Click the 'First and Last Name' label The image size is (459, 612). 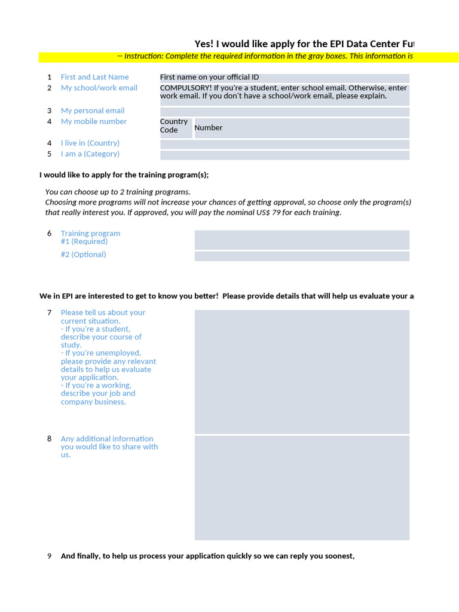tap(94, 77)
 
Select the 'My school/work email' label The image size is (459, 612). tap(99, 88)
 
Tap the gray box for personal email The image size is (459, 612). tap(284, 112)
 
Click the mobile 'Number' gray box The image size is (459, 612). tap(301, 128)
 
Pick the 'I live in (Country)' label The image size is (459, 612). tap(90, 143)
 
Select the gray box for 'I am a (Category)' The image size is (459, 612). tap(284, 155)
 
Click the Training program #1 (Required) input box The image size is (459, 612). tap(302, 240)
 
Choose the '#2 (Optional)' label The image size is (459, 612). tap(83, 255)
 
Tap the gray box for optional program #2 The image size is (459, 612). tap(302, 256)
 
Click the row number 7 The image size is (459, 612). tap(50, 313)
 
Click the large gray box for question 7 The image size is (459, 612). tap(302, 371)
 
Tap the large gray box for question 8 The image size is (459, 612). tap(302, 488)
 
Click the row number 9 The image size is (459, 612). tap(50, 556)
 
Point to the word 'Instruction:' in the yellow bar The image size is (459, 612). tap(143, 56)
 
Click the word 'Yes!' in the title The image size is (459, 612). tap(204, 44)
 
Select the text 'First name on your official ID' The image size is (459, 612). tap(209, 77)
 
